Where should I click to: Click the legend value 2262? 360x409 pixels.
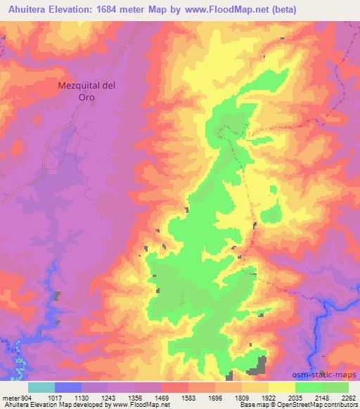coord(349,398)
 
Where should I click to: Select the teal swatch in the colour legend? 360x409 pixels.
coord(41,387)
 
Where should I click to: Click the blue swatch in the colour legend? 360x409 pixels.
coord(68,387)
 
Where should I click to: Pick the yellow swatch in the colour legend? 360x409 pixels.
coord(281,387)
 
